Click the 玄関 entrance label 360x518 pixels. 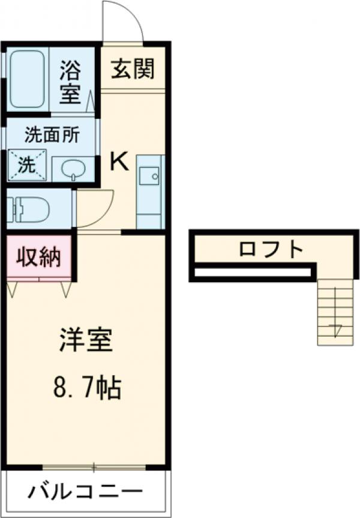point(132,68)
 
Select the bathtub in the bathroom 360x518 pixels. point(28,79)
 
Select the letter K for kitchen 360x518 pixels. point(119,162)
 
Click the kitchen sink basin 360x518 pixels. point(148,176)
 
